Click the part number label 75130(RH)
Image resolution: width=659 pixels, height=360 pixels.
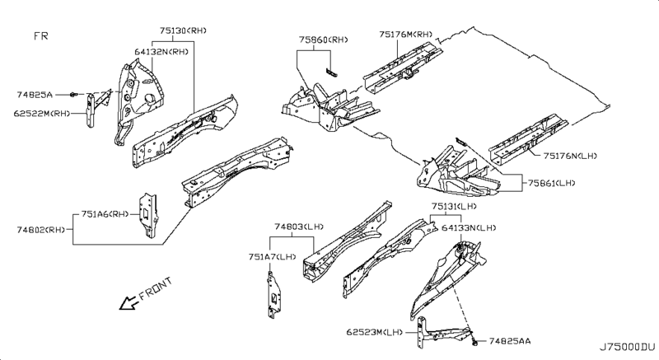pyautogui.click(x=183, y=31)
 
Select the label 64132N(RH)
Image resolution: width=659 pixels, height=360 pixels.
pyautogui.click(x=161, y=51)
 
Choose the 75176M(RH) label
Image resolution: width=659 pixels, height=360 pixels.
pyautogui.click(x=405, y=35)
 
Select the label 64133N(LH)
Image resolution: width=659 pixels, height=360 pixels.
pyautogui.click(x=469, y=227)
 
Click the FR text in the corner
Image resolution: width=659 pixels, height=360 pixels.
pyautogui.click(x=42, y=37)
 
